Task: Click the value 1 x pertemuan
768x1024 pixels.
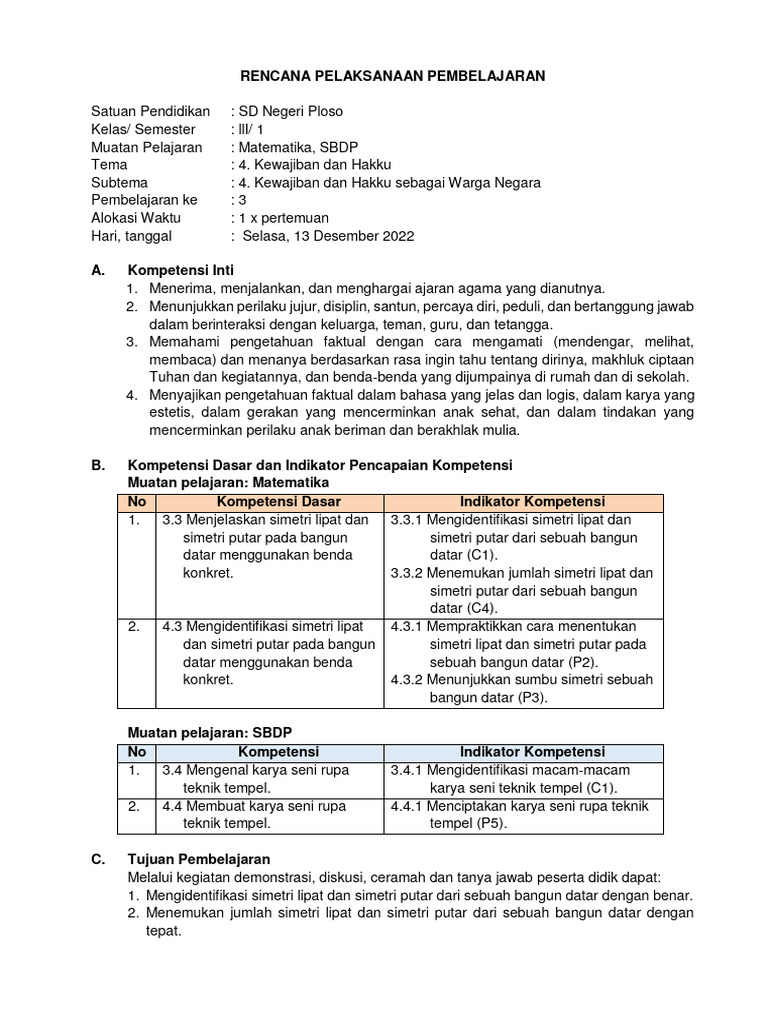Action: [x=283, y=218]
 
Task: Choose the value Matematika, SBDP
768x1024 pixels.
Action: [x=295, y=147]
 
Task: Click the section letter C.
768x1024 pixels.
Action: [x=96, y=859]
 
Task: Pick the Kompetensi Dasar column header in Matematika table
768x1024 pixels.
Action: [x=279, y=502]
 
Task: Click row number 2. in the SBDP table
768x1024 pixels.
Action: [x=134, y=806]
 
